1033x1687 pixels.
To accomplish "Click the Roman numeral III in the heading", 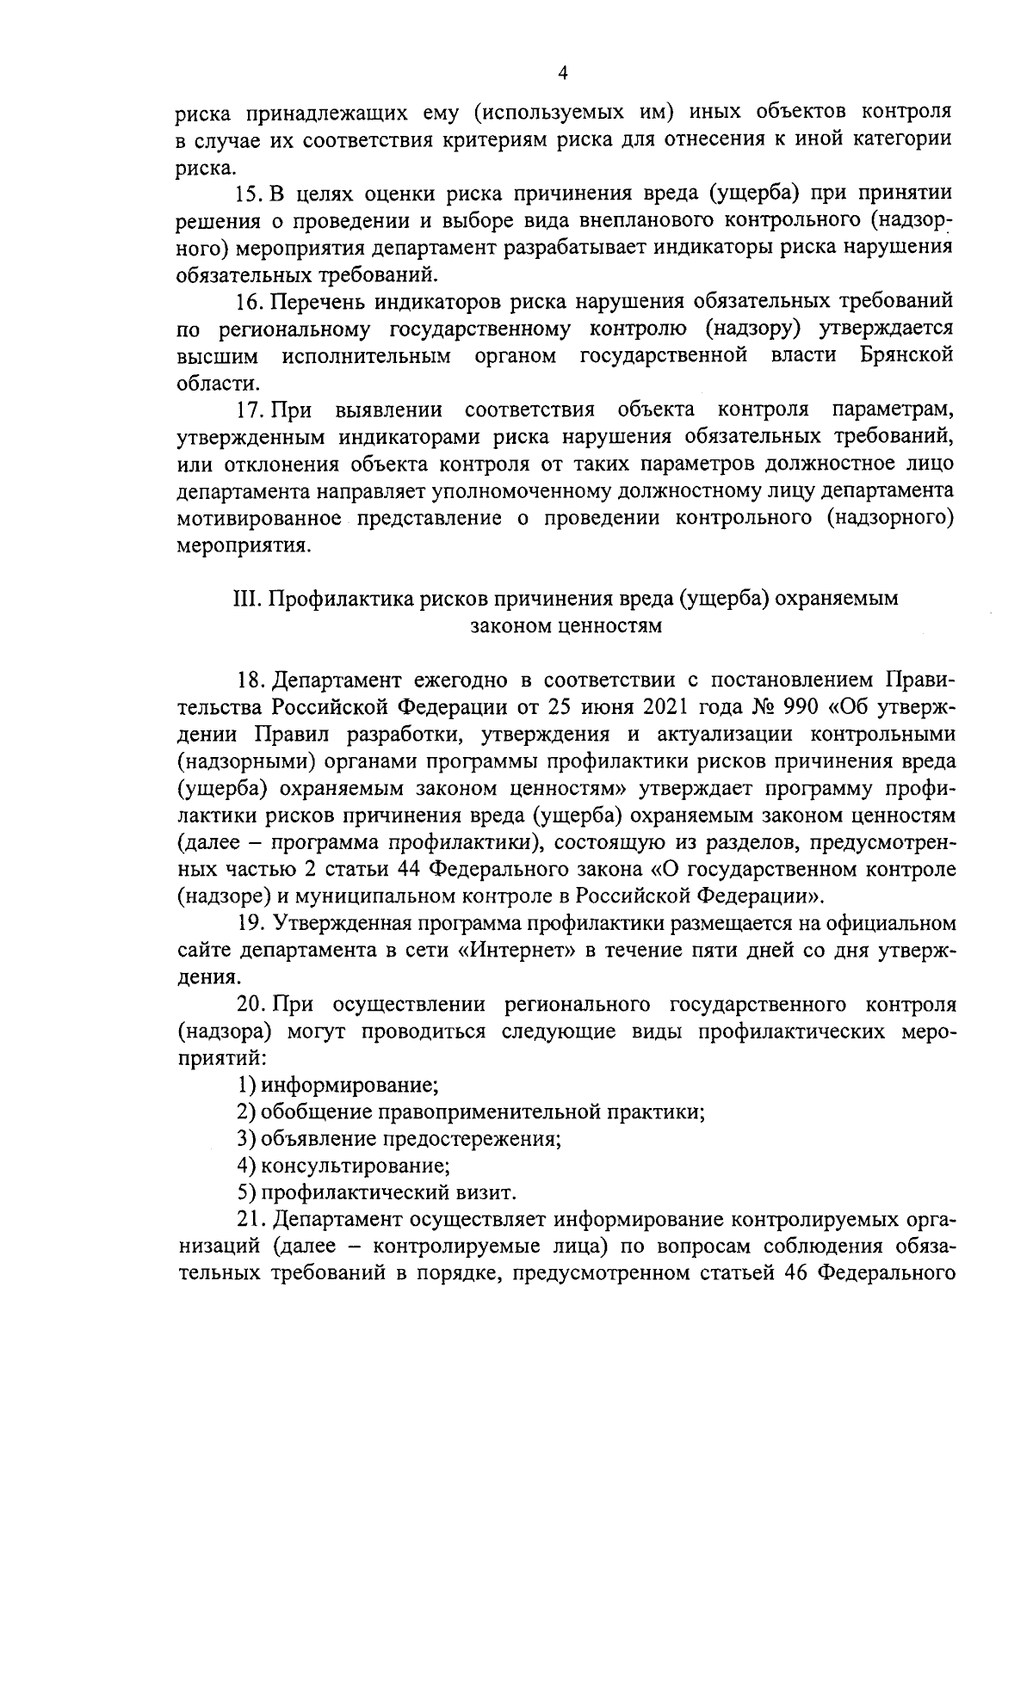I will pyautogui.click(x=247, y=599).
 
